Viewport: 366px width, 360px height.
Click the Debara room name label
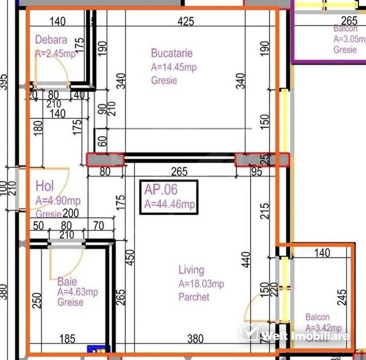pos(50,40)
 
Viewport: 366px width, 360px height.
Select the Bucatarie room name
pos(172,53)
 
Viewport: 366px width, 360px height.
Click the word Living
pos(191,270)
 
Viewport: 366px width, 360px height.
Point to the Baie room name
pos(67,281)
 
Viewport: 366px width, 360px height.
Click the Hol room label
pos(44,187)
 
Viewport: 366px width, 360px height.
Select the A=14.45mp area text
pos(174,67)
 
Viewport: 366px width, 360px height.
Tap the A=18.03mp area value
pos(201,284)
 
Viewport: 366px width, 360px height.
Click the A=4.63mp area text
pos(77,292)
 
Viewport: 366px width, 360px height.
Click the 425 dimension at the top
pos(186,22)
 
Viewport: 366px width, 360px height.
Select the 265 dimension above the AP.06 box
pos(179,171)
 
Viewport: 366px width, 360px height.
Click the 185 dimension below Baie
pos(68,339)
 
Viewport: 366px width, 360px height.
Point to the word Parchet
pos(194,297)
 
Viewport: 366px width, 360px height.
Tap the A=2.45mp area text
pos(55,54)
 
